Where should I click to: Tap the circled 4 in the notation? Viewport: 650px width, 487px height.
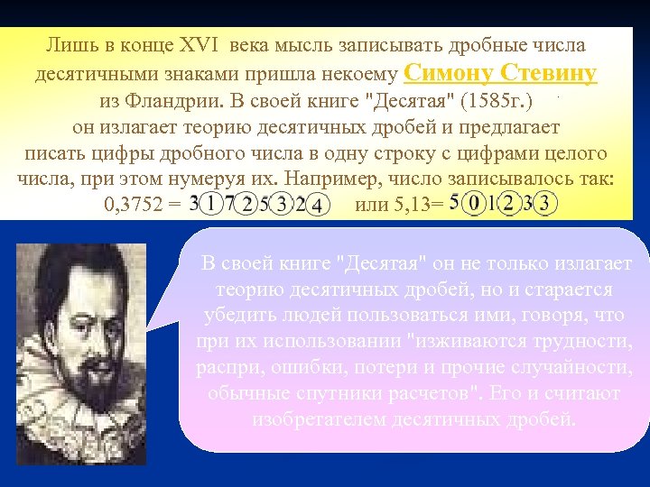[317, 207]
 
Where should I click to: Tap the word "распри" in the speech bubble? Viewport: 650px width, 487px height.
[226, 367]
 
